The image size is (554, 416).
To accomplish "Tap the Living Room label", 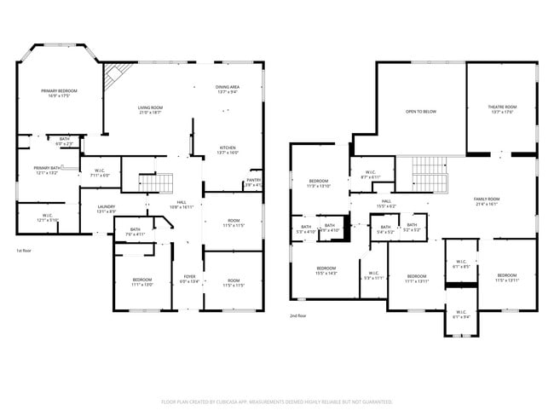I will click(x=150, y=109).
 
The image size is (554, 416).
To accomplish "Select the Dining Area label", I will click(x=227, y=89).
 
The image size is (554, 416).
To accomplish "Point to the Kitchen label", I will click(x=228, y=149).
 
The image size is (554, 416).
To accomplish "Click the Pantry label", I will click(x=253, y=182).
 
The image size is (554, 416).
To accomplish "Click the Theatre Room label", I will click(x=501, y=109).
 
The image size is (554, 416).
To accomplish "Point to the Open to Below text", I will click(x=421, y=112).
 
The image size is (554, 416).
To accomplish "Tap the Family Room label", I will click(x=487, y=201).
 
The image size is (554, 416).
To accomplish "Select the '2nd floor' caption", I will click(x=297, y=315).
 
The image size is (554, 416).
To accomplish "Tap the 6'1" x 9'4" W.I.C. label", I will click(x=460, y=315).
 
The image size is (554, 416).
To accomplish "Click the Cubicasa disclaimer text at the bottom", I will click(x=277, y=401).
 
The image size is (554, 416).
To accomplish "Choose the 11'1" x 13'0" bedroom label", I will click(x=142, y=282).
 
